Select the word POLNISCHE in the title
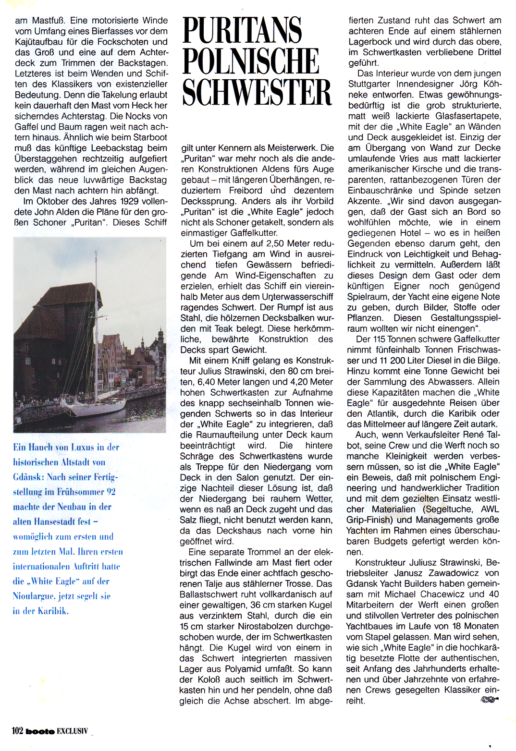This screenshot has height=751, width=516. (251, 61)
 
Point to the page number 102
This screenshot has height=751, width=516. (17, 730)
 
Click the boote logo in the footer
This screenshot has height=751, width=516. (40, 731)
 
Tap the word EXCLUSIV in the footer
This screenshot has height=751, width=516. (73, 731)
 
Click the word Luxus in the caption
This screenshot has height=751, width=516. (83, 447)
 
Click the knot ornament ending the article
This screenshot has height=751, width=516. (489, 700)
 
